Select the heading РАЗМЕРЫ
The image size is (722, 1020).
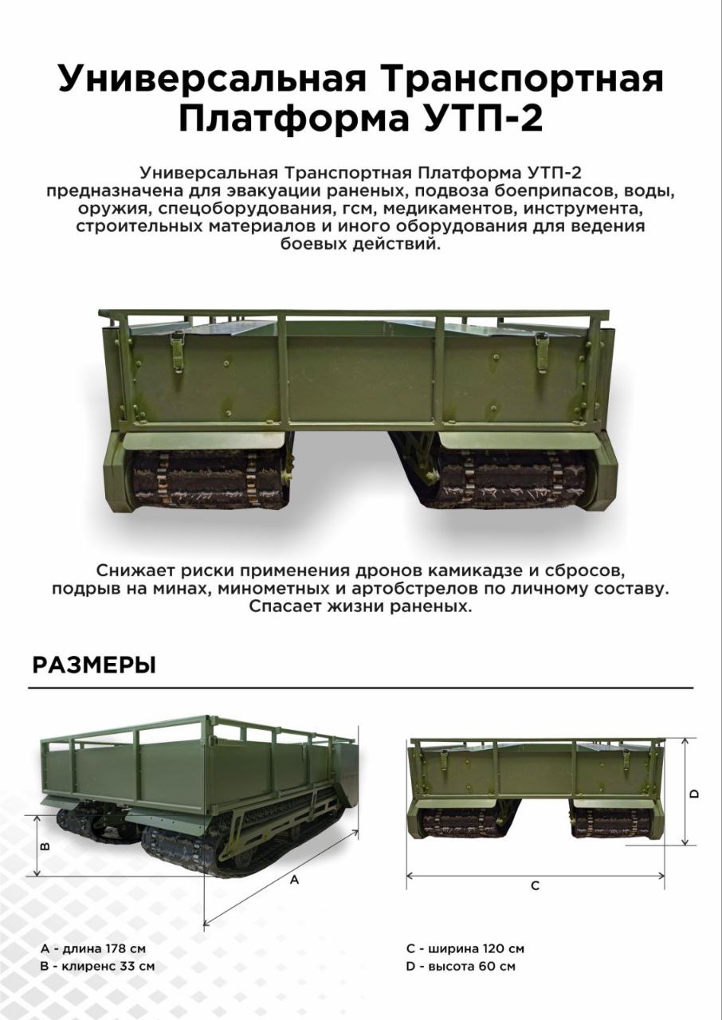(x=94, y=665)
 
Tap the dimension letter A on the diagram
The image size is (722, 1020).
(x=295, y=881)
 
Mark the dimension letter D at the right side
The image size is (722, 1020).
(x=694, y=794)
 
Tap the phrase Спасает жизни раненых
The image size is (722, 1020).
(x=360, y=607)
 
